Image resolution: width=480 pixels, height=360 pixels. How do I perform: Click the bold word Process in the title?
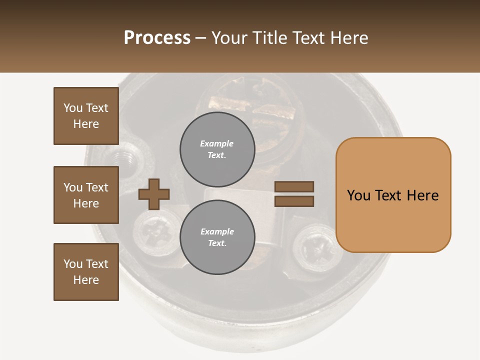157,38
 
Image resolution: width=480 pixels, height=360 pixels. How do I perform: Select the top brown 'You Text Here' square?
86,116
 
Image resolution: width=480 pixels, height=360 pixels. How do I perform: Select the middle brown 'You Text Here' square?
86,195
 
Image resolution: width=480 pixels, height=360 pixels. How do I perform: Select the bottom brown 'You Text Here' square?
86,272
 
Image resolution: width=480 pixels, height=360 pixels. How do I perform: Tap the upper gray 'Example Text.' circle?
217,149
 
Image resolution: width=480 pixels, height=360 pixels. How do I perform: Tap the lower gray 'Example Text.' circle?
217,237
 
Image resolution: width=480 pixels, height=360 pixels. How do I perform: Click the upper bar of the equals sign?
294,187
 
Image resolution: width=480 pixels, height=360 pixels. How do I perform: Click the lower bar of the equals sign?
294,201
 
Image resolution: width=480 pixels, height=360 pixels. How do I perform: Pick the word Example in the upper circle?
217,143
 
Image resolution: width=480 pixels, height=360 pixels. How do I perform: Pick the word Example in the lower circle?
217,231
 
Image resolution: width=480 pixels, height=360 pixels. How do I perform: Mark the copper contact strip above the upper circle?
230,103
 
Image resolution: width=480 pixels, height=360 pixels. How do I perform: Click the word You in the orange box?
359,195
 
